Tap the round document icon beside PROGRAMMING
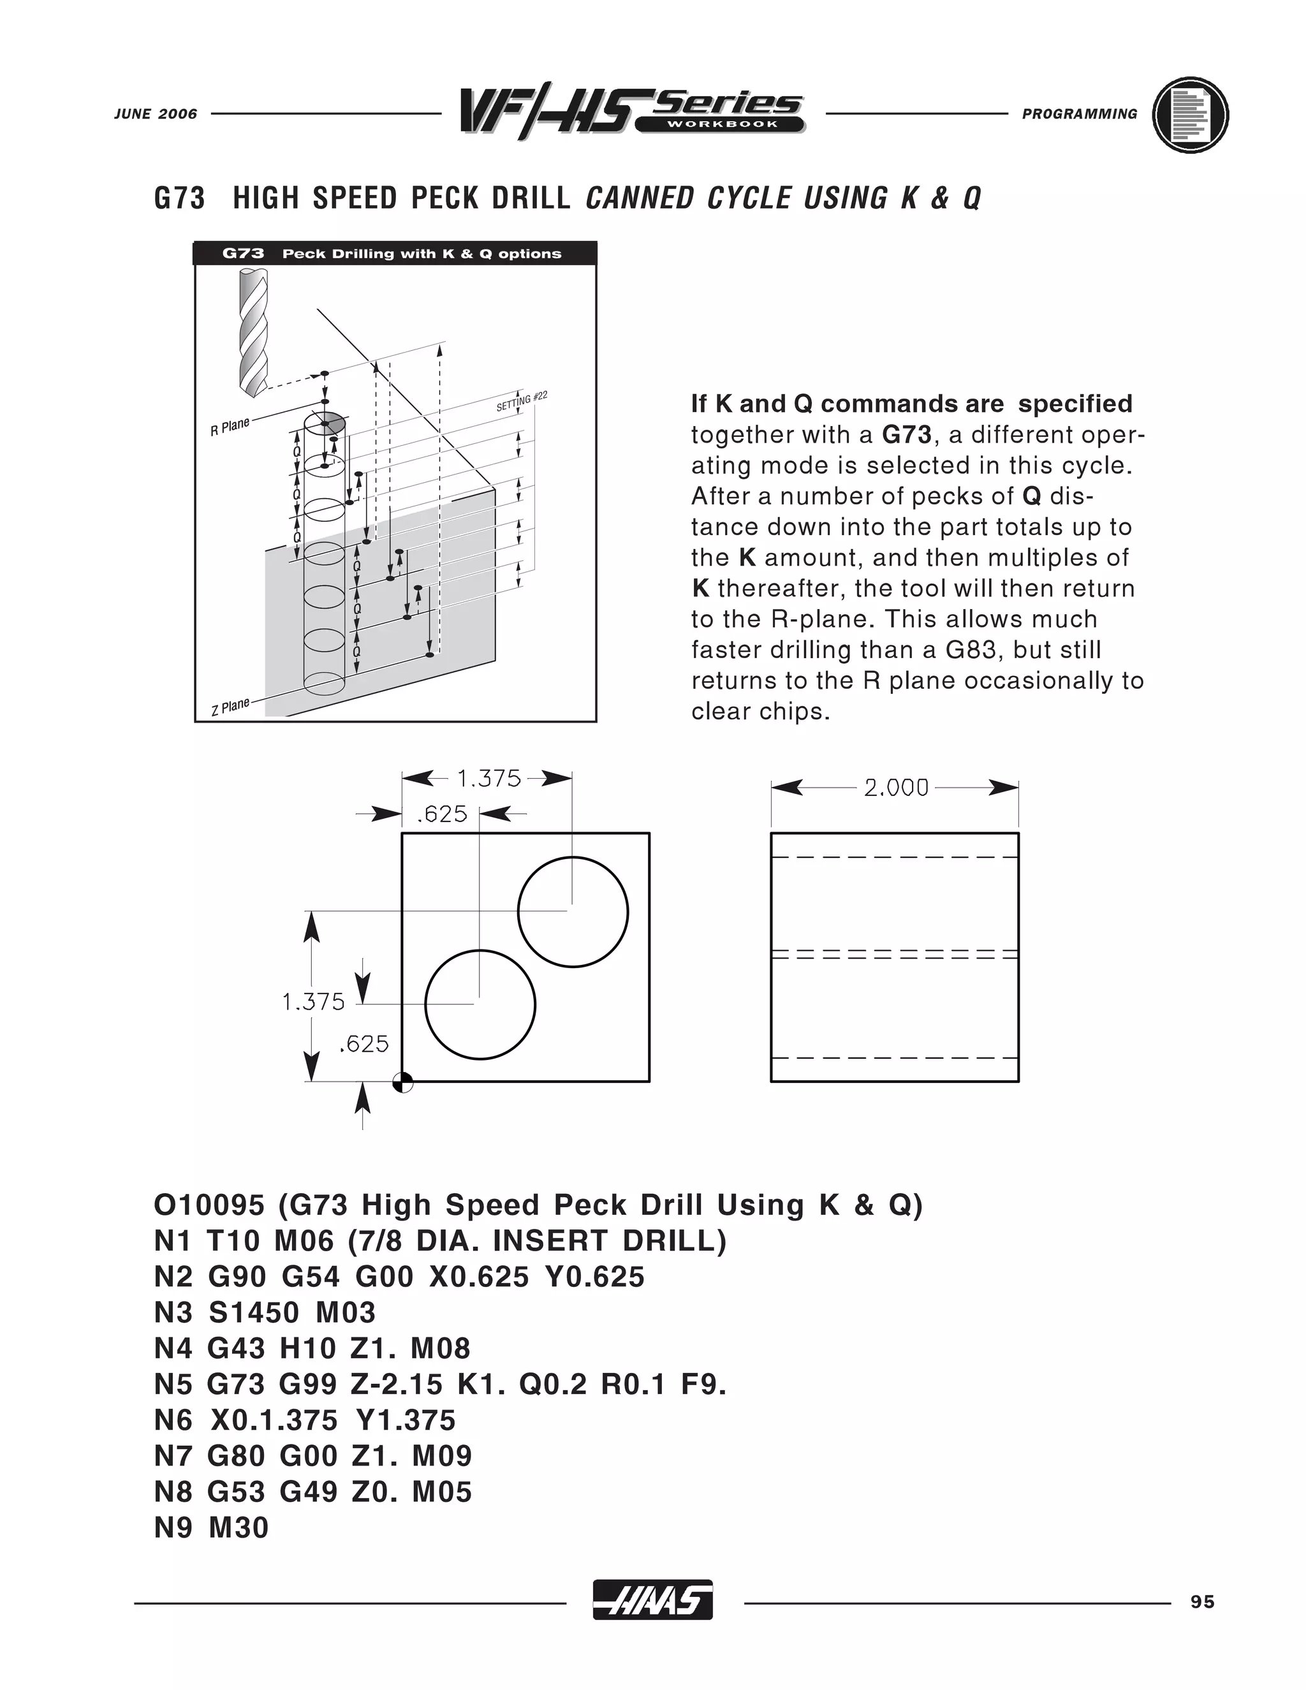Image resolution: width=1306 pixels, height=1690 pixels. (x=1190, y=115)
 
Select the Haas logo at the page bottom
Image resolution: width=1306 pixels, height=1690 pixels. (x=652, y=1600)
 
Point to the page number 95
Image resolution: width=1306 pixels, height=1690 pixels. (x=1202, y=1602)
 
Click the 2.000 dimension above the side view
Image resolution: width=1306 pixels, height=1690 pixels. (x=895, y=788)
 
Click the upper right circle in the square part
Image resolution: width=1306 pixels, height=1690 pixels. (x=573, y=911)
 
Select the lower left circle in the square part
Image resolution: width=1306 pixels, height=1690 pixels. (x=480, y=1004)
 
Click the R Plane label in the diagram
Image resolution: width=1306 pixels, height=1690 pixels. (x=230, y=427)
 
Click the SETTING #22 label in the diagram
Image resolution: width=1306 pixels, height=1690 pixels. (x=522, y=402)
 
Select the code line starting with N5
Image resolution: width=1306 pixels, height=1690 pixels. (x=439, y=1385)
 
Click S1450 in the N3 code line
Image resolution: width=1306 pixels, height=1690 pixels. (x=254, y=1313)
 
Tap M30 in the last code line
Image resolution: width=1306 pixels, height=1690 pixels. (x=238, y=1528)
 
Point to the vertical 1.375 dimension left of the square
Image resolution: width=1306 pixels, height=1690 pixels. (x=313, y=1002)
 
